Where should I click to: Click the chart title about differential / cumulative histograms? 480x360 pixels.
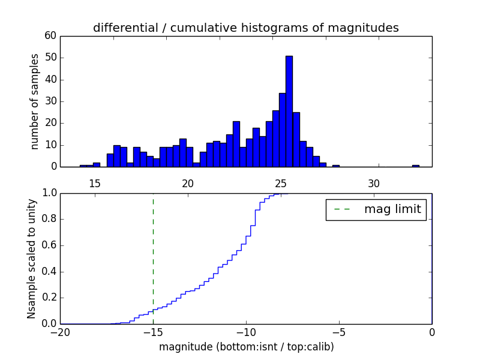(245, 28)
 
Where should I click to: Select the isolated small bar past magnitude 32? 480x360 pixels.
(415, 166)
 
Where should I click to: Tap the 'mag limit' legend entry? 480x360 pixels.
(392, 209)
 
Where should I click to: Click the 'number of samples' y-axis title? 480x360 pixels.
(35, 101)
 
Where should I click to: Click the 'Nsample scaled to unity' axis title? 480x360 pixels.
(32, 258)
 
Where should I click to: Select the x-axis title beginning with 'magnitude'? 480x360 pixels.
(246, 347)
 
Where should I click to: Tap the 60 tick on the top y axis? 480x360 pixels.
(50, 36)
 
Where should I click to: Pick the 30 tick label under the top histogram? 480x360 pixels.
(374, 184)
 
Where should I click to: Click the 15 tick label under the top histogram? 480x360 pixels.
(94, 184)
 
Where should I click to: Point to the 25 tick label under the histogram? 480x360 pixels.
(281, 184)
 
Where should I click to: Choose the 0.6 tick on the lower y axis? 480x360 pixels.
(49, 245)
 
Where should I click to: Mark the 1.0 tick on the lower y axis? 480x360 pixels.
(49, 193)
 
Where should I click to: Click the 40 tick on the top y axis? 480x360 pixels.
(50, 80)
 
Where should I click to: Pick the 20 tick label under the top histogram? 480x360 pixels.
(188, 184)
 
